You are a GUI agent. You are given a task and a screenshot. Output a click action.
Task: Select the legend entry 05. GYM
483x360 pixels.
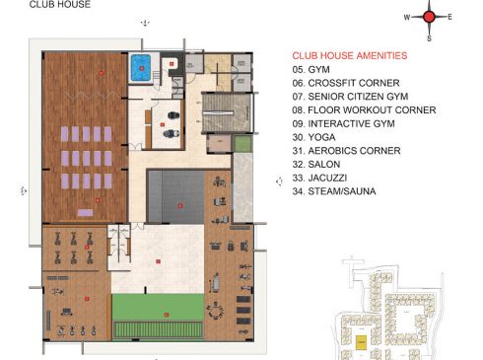tap(310, 71)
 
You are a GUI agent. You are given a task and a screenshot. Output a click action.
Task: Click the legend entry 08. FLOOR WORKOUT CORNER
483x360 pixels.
tap(363, 110)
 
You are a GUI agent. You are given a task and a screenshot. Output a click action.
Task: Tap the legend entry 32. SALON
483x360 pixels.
tap(315, 164)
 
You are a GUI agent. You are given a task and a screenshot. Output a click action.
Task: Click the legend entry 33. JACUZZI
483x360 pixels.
tap(319, 178)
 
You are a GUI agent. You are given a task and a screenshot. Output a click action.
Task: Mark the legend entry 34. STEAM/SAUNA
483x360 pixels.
tap(334, 190)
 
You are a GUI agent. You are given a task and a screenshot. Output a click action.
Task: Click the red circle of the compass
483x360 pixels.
tap(429, 16)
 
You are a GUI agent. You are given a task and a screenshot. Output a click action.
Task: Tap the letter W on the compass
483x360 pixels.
tap(406, 17)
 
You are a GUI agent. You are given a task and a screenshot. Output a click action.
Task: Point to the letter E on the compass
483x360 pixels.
tap(450, 17)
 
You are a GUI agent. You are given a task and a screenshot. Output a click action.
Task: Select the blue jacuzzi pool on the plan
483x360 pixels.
tap(139, 68)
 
